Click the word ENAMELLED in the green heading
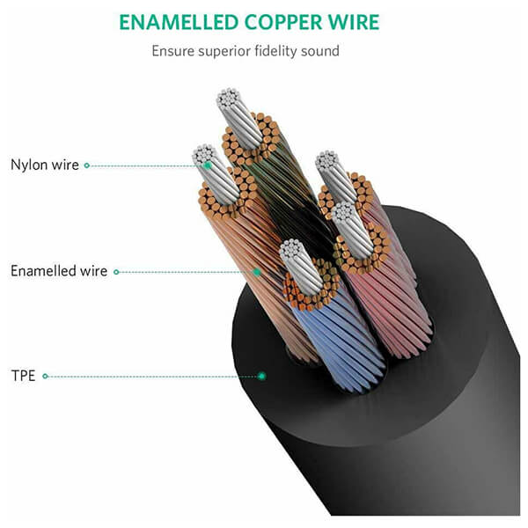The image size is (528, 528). tap(179, 23)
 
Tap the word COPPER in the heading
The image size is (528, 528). tap(283, 23)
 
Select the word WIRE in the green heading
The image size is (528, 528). tap(354, 23)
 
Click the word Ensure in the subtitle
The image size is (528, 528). tap(173, 52)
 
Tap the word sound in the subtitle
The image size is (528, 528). tap(320, 52)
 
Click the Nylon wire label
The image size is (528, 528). tap(45, 165)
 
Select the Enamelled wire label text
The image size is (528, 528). tap(59, 271)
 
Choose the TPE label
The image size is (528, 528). tap(23, 376)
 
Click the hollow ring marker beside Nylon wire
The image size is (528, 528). tap(87, 165)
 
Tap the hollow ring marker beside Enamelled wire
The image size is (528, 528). tap(116, 272)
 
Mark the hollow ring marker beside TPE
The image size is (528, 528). tap(45, 376)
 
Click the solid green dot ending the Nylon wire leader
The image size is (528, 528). tap(208, 165)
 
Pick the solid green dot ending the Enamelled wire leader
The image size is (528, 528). tap(257, 272)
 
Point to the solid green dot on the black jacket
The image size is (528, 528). tap(261, 376)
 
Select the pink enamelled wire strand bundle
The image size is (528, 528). tap(387, 303)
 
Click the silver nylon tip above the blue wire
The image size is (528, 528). tap(301, 266)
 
